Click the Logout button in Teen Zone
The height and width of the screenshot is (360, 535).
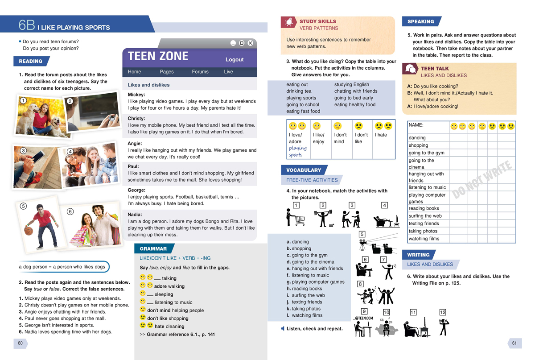235,59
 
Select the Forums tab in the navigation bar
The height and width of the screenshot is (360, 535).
200,72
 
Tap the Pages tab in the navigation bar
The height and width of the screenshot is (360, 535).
167,72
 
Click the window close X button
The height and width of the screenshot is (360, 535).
250,43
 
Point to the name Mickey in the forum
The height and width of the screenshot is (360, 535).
136,95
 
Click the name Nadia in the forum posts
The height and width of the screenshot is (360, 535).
135,215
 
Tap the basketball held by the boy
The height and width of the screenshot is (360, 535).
29,231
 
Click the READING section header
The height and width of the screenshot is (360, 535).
31,62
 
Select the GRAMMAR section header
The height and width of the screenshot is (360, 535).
153,249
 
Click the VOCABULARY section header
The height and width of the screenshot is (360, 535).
304,170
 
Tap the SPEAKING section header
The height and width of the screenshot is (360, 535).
420,21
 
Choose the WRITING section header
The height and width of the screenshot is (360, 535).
418,255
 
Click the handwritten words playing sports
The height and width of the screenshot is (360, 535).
297,152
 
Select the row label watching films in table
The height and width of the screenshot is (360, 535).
424,239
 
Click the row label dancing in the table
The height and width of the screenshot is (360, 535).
417,138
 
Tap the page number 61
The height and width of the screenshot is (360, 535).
514,343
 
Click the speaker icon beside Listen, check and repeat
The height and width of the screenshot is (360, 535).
283,329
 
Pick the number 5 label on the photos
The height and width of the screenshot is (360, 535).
23,206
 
